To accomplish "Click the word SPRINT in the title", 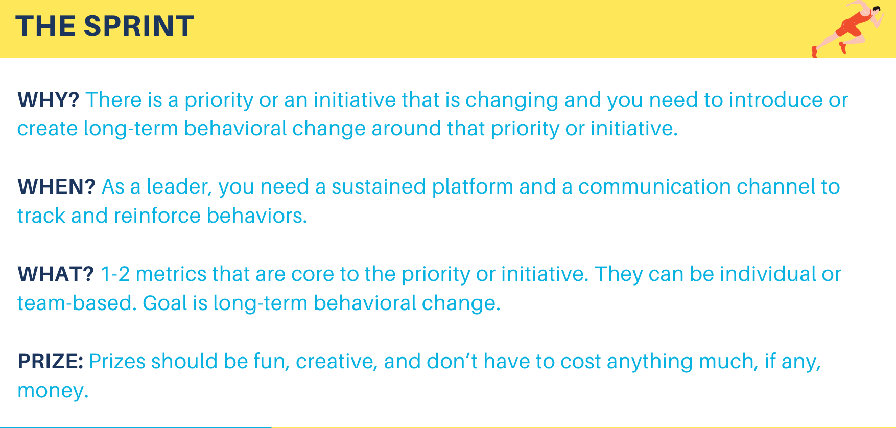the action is point(139,26).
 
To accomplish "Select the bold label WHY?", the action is point(49,100).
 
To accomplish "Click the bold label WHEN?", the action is point(57,187).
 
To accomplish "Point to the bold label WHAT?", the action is point(56,274).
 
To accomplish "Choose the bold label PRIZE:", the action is point(51,362).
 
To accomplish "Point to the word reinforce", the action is point(157,216).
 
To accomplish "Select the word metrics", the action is point(171,274).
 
